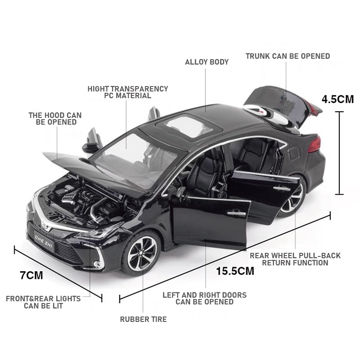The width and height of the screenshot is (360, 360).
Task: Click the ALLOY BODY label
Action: click(207, 62)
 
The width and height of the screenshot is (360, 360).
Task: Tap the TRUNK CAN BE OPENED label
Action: click(287, 56)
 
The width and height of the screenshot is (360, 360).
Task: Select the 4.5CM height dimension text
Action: click(338, 99)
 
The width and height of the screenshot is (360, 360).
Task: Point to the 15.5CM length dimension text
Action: click(235, 271)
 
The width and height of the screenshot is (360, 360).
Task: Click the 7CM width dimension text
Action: click(31, 275)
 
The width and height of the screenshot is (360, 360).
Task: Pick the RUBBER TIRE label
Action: click(143, 319)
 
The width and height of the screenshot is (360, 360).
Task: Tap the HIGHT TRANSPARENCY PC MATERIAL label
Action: click(128, 92)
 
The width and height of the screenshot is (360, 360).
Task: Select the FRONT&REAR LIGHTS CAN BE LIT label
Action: click(43, 302)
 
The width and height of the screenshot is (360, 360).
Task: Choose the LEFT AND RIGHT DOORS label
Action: click(204, 298)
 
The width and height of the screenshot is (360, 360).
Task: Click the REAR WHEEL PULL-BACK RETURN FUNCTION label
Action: click(295, 259)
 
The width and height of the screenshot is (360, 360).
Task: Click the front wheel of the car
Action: click(141, 253)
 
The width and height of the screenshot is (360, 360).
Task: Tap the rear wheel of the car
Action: click(292, 197)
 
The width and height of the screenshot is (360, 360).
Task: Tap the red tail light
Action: click(315, 144)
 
